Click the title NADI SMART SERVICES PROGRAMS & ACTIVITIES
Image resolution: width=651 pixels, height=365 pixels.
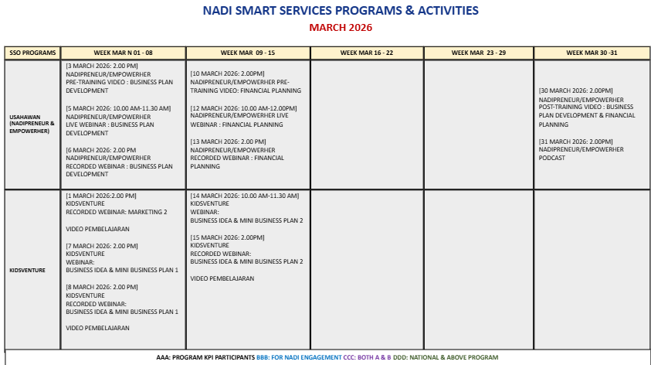340,11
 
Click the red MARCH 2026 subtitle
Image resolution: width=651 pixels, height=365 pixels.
341,28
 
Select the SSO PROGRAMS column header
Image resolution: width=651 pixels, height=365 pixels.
32,53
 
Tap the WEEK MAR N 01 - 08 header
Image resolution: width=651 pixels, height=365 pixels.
123,53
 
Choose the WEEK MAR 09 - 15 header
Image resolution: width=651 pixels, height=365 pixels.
248,53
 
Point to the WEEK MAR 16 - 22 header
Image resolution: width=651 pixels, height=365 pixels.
367,53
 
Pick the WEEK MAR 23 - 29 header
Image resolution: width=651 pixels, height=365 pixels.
480,53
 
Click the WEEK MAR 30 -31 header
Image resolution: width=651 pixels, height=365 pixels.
591,53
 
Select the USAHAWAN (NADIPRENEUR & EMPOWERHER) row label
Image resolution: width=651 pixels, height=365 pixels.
32,124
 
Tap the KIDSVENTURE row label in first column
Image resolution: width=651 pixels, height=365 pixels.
28,271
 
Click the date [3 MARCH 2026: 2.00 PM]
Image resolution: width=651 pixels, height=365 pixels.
101,67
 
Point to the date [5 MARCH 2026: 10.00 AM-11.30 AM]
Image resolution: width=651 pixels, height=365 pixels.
118,107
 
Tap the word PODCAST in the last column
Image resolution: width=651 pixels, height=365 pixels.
552,158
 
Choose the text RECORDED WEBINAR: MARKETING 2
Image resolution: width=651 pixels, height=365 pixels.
117,212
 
